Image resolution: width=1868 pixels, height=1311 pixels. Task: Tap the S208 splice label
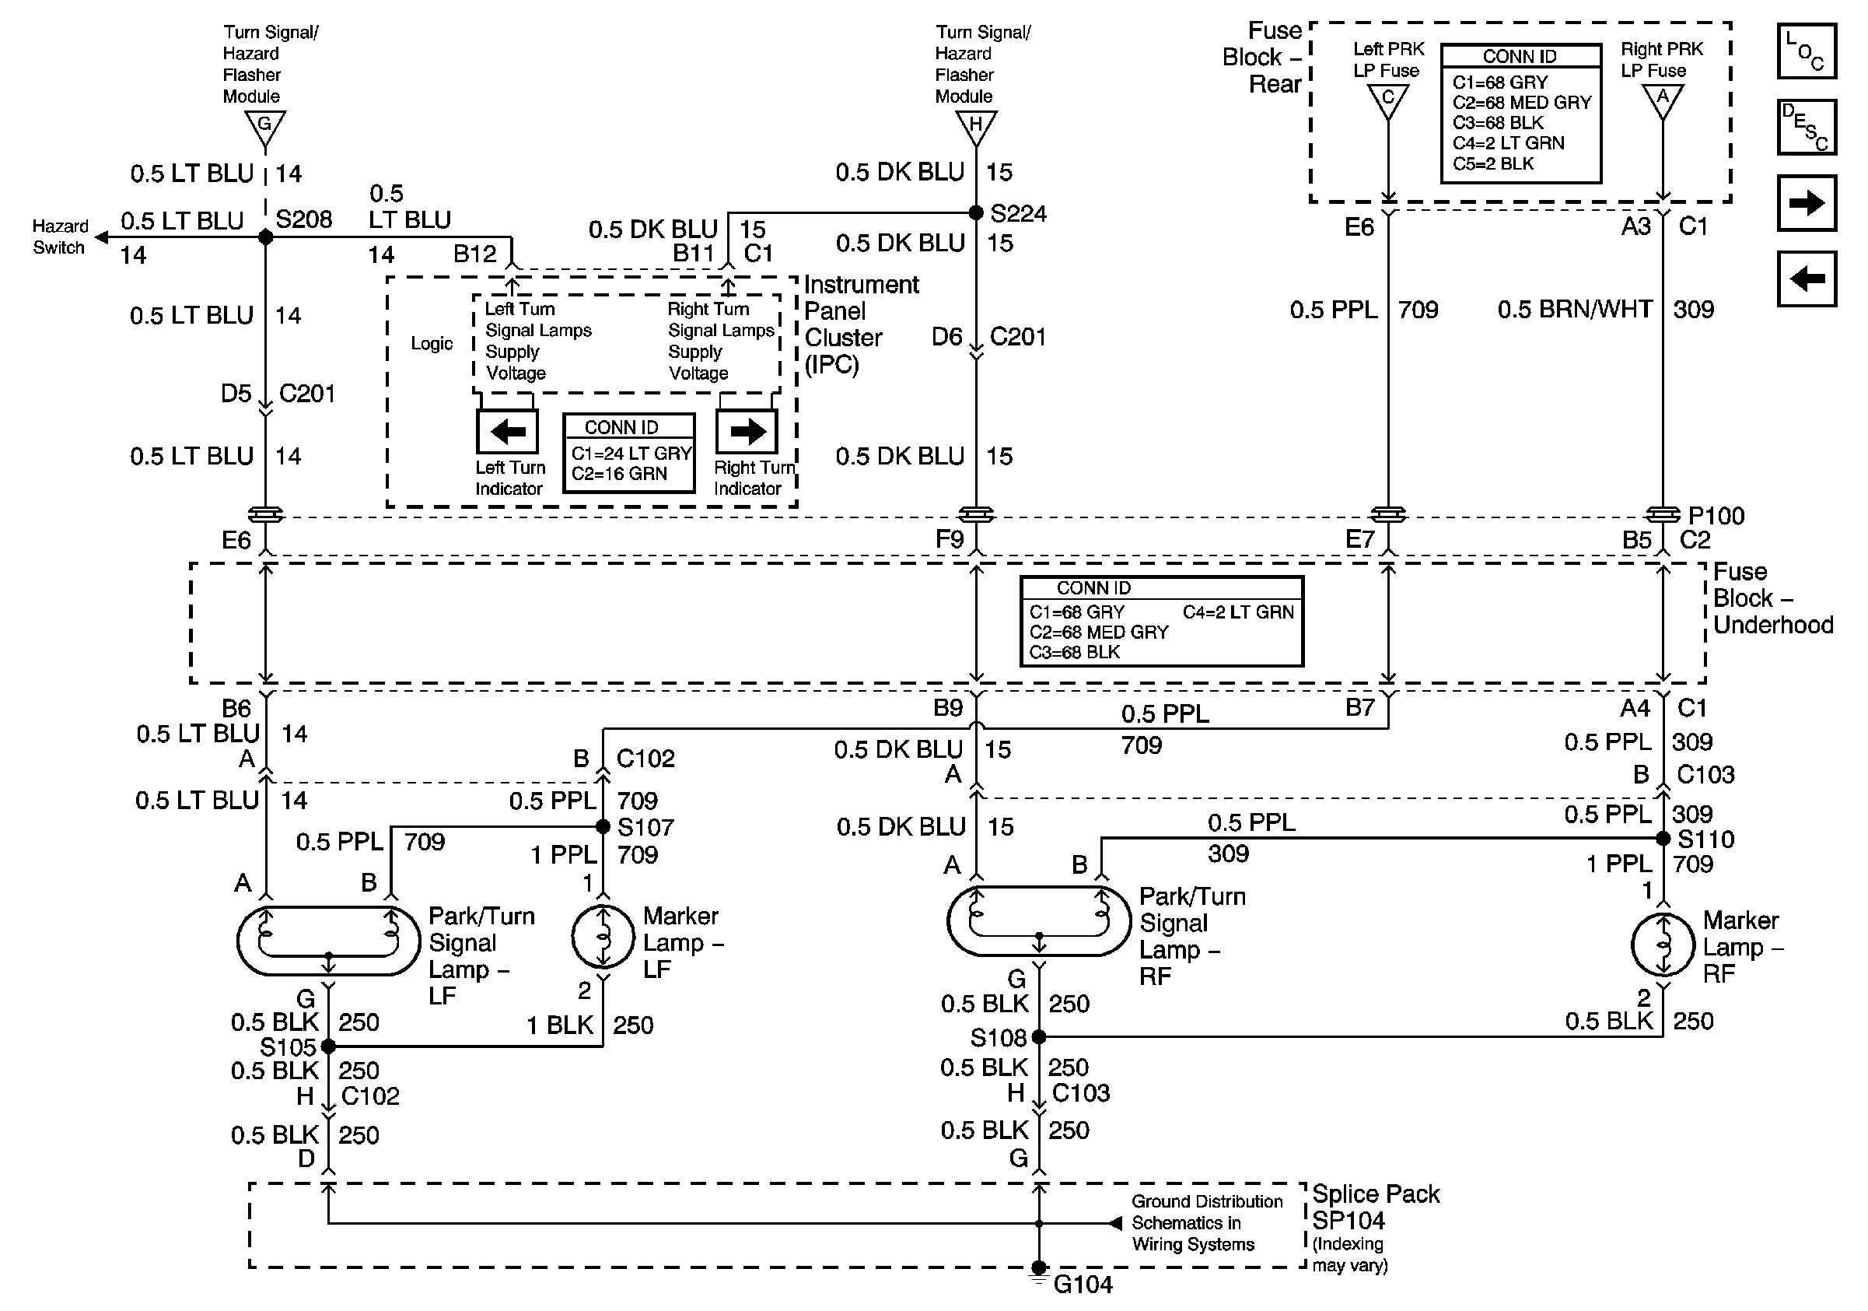(303, 219)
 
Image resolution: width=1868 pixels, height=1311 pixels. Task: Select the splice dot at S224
(976, 213)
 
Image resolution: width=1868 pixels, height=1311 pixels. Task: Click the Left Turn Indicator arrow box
(508, 431)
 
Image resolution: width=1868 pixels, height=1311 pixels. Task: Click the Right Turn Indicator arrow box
(747, 431)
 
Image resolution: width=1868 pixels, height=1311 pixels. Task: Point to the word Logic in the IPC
(431, 343)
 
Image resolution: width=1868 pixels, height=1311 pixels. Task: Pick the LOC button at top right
(1806, 51)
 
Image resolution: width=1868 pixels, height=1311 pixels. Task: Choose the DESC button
(1806, 127)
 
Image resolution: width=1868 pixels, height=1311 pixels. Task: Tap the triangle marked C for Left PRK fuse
(1388, 100)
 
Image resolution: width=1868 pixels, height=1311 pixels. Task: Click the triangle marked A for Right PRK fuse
(1662, 100)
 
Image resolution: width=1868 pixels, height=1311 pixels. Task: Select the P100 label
(1716, 516)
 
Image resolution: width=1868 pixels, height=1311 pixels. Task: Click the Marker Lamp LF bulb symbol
(603, 937)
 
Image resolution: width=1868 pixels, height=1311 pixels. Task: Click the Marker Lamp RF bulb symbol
(1663, 945)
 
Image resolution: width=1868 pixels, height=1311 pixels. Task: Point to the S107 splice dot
(603, 827)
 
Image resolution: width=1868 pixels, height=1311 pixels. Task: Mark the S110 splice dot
(1663, 838)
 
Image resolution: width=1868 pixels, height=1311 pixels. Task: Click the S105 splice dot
(328, 1046)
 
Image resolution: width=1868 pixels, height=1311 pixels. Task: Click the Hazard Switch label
(59, 237)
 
